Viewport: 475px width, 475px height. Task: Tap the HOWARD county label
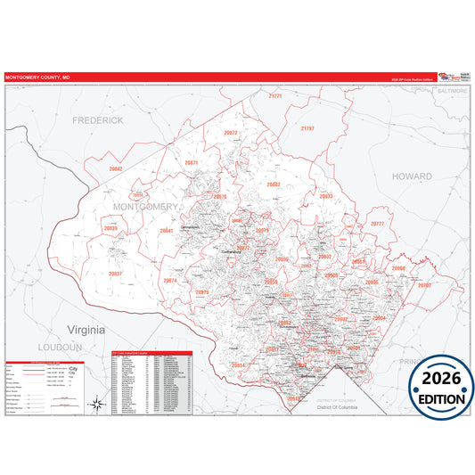413,176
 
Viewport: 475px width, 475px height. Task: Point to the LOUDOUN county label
60,346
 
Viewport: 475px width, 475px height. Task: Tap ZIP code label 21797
307,128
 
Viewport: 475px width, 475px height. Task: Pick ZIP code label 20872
231,133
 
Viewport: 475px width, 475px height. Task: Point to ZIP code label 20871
191,163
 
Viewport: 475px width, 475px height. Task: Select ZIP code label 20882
274,184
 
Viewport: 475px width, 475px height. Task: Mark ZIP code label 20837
116,274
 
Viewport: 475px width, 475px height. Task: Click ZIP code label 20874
170,281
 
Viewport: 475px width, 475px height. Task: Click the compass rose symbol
96,405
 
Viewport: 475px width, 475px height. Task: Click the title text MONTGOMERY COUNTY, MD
37,78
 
